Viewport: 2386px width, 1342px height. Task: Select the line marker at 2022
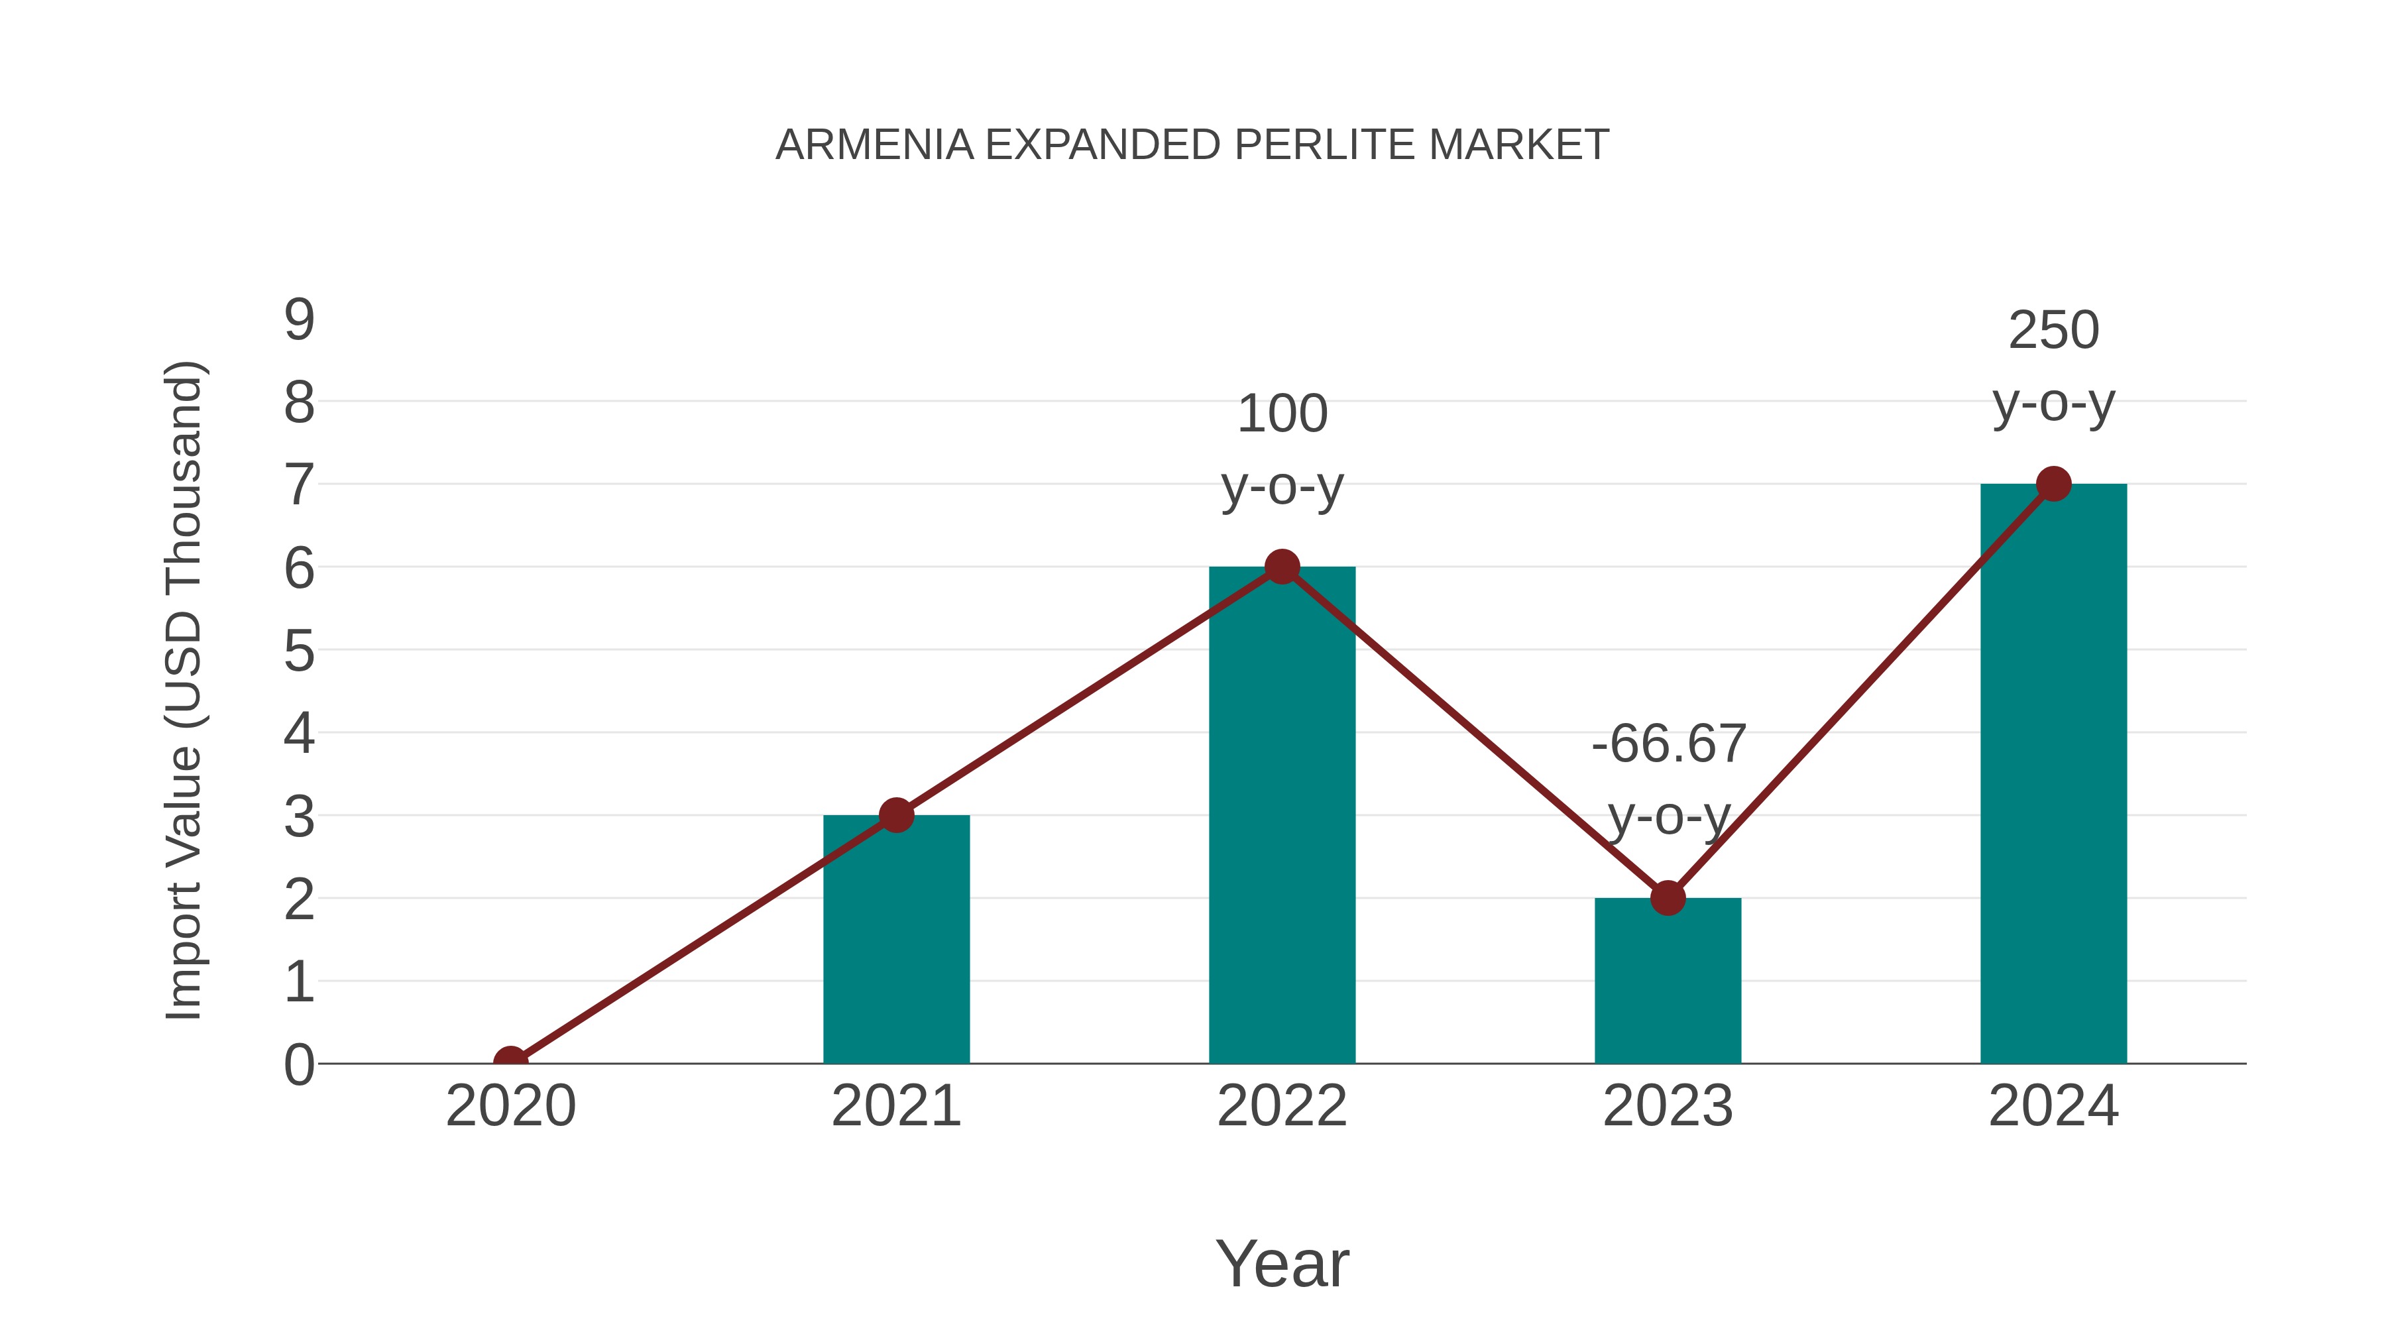[1282, 566]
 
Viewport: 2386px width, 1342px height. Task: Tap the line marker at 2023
[1668, 897]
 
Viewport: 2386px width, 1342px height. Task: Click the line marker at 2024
[2053, 484]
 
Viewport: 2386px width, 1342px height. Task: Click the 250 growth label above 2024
[2053, 331]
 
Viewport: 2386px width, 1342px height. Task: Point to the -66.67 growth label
[1668, 744]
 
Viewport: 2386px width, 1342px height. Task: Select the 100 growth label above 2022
[1282, 414]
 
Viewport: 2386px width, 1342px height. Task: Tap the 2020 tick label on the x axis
[510, 1106]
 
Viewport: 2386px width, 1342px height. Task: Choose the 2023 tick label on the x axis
[1668, 1106]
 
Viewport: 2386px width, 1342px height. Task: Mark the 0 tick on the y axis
[299, 1065]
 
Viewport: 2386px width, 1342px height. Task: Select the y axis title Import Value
[184, 690]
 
